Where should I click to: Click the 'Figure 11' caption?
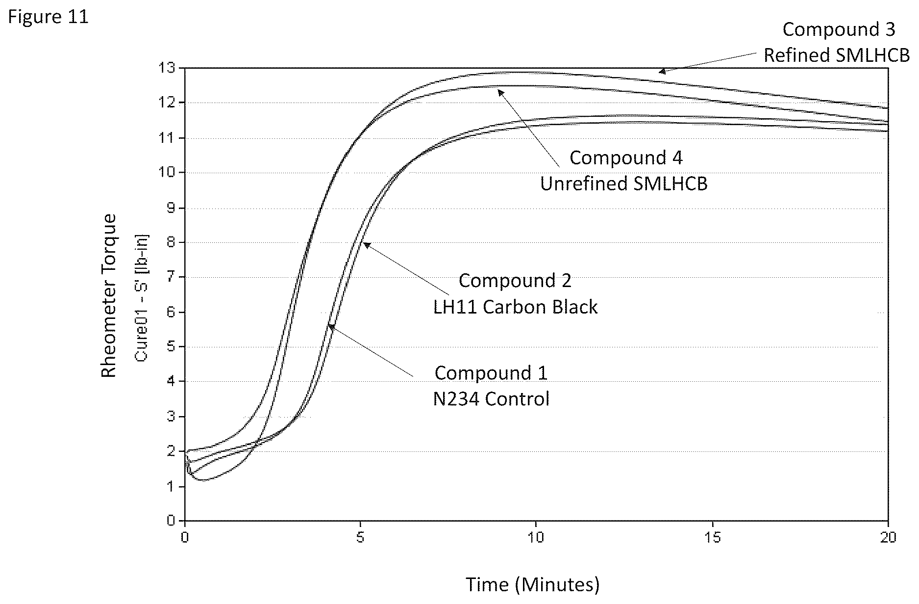48,18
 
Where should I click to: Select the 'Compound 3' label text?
839,29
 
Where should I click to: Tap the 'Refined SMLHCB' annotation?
837,55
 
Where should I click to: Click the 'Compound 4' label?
626,158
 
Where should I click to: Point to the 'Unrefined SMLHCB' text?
624,184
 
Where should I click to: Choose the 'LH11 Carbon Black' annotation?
516,307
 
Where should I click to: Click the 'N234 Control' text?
491,399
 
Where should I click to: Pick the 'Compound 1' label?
491,373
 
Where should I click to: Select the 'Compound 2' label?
515,281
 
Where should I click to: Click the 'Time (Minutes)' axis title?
532,584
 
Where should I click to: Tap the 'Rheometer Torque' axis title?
109,296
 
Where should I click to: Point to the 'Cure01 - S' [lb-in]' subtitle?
142,298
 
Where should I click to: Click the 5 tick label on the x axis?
360,538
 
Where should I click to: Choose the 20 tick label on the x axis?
888,538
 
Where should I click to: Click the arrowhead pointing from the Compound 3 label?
662,71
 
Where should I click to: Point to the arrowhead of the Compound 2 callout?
366,244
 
